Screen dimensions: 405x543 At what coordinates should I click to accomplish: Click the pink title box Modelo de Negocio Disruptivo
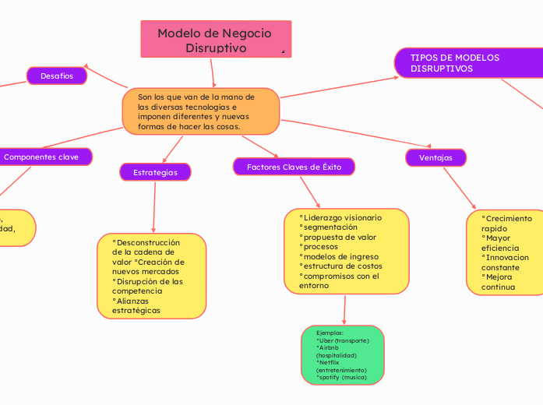tap(215, 40)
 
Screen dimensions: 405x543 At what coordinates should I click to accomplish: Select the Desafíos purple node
tap(57, 76)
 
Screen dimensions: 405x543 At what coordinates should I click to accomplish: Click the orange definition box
tap(200, 111)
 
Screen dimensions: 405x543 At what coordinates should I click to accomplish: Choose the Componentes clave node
tap(47, 157)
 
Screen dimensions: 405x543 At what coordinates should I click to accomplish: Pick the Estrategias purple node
tap(155, 171)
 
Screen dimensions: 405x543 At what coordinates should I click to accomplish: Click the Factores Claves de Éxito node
tap(294, 167)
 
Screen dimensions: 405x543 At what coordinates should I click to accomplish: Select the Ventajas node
tap(435, 157)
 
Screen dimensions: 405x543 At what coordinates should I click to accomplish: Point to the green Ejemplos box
tap(342, 355)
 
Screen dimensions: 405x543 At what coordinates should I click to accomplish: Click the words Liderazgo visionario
tap(342, 217)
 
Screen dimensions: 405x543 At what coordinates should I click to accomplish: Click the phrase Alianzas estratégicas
tap(136, 305)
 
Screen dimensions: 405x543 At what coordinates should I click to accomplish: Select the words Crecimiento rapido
tap(506, 224)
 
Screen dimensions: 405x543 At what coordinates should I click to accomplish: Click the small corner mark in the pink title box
tap(283, 51)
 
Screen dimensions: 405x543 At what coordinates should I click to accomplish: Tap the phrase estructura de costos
tap(342, 266)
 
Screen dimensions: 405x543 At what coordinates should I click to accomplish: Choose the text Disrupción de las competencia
tap(147, 286)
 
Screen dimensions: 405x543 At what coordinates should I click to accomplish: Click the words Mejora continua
tap(499, 281)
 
